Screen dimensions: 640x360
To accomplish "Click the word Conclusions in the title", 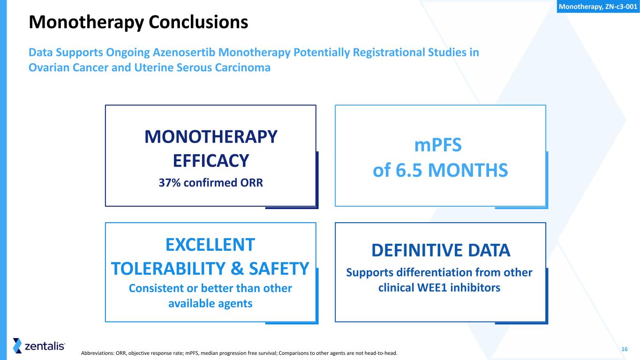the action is [198, 22].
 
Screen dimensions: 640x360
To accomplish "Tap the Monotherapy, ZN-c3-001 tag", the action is [598, 7].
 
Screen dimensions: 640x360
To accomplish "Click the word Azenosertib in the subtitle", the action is [184, 52].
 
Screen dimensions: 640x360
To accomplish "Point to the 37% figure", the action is [169, 182].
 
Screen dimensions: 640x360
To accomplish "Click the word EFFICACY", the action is [211, 161].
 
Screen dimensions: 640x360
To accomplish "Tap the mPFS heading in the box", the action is [438, 145].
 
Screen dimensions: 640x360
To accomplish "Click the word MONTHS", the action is [468, 170].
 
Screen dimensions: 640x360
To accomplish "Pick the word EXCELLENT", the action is [210, 245].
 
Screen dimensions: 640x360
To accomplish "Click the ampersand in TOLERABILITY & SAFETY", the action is [237, 269].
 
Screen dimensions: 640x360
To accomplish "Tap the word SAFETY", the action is [279, 269].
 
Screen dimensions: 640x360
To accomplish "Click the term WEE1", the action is [432, 288].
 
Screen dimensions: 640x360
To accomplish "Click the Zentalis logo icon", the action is [17, 346].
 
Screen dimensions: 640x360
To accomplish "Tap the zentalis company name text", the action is [45, 346].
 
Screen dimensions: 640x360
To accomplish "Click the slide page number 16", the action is [625, 349].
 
